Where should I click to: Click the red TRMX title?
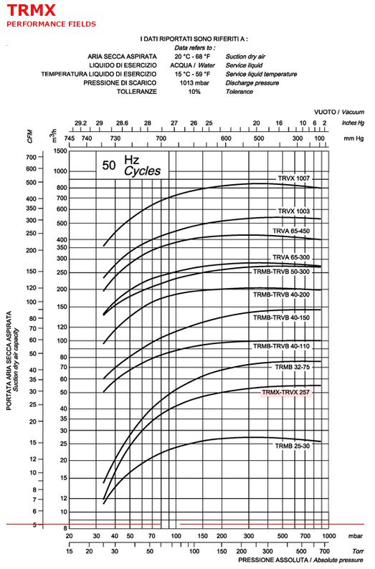coord(32,10)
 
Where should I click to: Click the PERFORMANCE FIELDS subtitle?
coord(51,24)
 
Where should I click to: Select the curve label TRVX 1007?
coord(294,178)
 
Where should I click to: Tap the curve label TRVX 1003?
coord(294,211)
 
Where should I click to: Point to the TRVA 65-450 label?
coord(291,231)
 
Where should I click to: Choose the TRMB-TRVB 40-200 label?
coord(281,295)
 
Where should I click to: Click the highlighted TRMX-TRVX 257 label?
coord(285,392)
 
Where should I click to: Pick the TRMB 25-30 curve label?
coord(293,446)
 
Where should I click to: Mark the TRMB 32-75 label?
coord(293,367)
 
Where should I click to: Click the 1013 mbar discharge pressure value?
coord(194,82)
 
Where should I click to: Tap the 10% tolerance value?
coord(194,92)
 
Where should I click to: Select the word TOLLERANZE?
coord(136,92)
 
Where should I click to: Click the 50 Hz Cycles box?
coord(132,166)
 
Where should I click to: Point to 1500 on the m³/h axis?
coord(60,150)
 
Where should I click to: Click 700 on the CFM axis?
coord(32,157)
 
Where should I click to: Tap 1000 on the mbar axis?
coord(329,536)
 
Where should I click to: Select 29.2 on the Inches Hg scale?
coord(80,123)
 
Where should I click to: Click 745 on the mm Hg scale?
coord(69,138)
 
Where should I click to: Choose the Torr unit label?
coord(358,551)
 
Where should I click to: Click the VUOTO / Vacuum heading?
coord(339,112)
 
